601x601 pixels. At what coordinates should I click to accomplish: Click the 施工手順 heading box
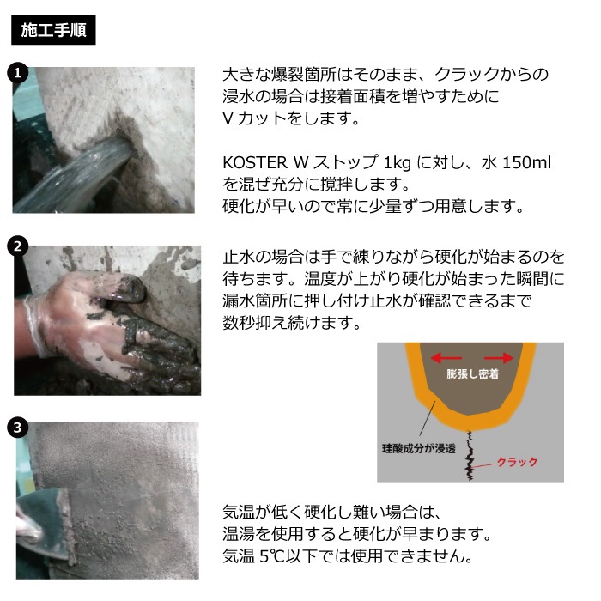[x=53, y=30]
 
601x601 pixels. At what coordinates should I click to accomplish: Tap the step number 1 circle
[x=17, y=72]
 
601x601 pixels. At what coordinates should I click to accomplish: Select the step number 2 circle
[x=17, y=246]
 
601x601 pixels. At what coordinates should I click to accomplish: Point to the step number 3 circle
[x=17, y=428]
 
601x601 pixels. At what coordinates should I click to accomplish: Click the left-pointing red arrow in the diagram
[x=446, y=358]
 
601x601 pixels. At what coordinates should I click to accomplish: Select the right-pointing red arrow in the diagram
[x=498, y=358]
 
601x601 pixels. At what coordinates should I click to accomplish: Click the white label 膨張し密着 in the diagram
[x=472, y=373]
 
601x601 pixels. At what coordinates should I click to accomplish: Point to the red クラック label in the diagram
[x=517, y=462]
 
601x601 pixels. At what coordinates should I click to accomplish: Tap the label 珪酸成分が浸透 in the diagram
[x=419, y=448]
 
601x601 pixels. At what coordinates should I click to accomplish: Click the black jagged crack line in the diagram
[x=469, y=455]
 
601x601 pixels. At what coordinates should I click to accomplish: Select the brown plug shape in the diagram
[x=471, y=379]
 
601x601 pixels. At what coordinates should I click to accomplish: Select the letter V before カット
[x=228, y=118]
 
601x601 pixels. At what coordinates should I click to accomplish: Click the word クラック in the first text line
[x=466, y=75]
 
